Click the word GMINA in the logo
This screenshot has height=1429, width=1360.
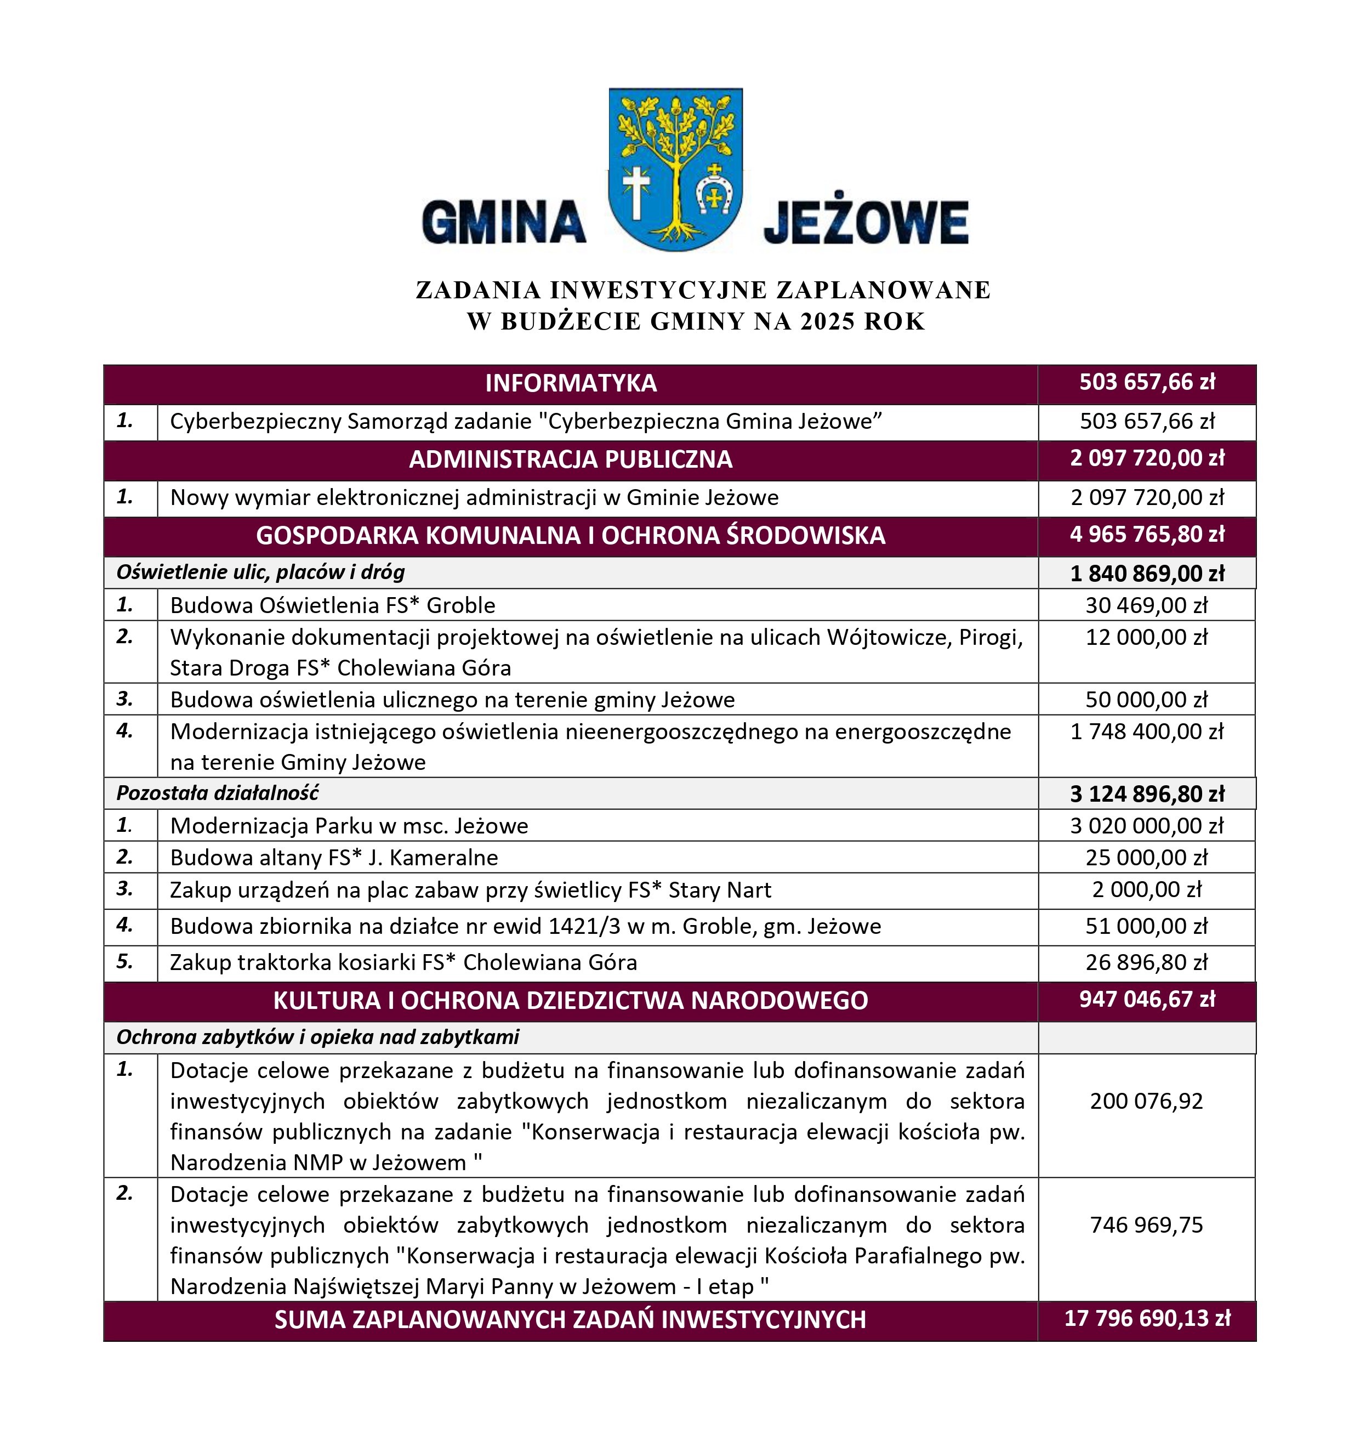tap(503, 222)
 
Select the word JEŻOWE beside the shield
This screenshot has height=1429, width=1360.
tap(866, 222)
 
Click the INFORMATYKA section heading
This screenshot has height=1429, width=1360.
tap(571, 383)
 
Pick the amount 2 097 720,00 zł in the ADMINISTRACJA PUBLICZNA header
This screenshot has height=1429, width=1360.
tap(1147, 458)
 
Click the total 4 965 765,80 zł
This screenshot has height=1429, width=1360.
tap(1147, 534)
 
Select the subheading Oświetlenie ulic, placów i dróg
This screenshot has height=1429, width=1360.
tap(260, 572)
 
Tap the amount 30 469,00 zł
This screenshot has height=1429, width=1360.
tap(1146, 605)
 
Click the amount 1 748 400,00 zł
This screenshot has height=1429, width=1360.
tap(1146, 731)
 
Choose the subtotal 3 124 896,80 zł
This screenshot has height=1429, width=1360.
tap(1147, 794)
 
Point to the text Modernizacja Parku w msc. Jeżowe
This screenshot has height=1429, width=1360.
tap(349, 826)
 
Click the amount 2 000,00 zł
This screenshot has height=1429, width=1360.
tap(1146, 889)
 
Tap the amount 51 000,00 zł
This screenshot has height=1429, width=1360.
tap(1146, 926)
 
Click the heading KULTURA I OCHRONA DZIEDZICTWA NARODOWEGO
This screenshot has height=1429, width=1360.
tap(571, 1001)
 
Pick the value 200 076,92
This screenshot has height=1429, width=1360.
tap(1146, 1101)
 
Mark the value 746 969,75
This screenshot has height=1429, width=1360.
tap(1146, 1224)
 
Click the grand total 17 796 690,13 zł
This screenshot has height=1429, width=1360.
tap(1147, 1318)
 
